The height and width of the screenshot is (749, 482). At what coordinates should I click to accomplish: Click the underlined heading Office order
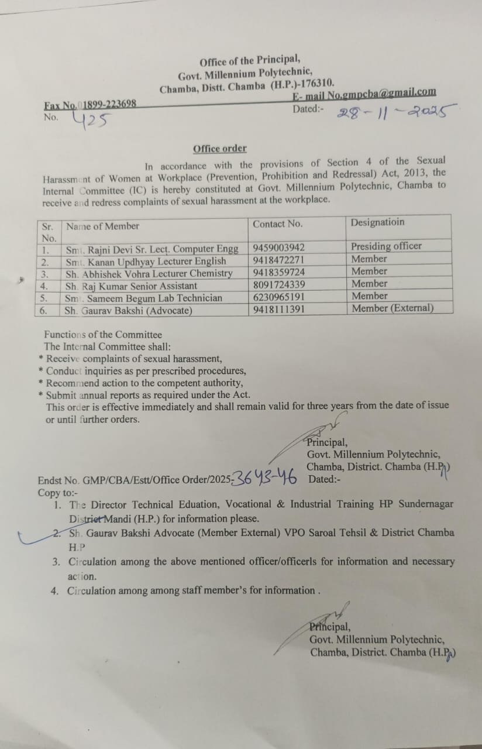(220, 149)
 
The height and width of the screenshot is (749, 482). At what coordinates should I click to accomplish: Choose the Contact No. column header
(277, 224)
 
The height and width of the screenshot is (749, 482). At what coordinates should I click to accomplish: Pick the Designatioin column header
(377, 222)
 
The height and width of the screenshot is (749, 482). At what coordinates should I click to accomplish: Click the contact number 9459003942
(279, 248)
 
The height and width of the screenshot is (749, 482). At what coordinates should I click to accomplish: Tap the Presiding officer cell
(386, 246)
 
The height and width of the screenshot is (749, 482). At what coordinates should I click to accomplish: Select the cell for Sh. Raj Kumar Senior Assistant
(131, 286)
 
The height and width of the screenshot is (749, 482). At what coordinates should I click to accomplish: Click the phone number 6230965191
(279, 297)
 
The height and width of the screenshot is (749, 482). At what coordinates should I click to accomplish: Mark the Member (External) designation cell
(393, 308)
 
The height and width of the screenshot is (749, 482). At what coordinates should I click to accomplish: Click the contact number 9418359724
(279, 273)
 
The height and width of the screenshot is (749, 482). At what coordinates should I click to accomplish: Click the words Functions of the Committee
(103, 335)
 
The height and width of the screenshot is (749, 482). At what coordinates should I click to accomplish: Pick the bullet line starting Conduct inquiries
(146, 371)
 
